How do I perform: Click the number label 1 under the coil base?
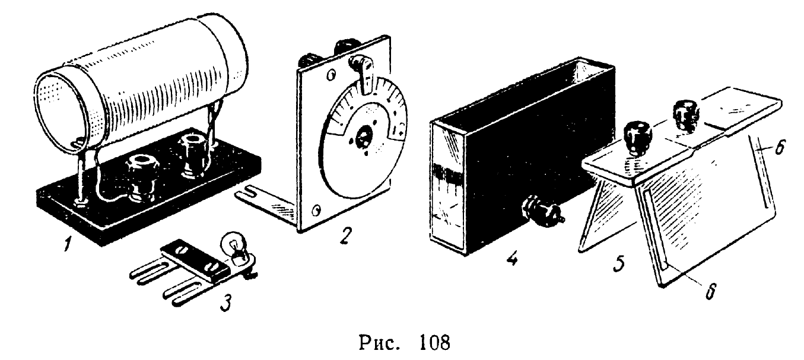click(69, 243)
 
